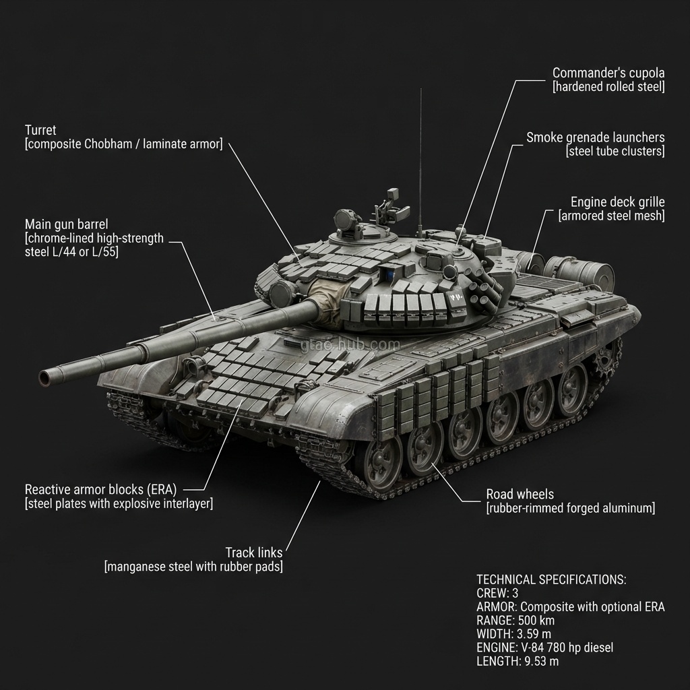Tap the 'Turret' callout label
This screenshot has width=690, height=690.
coord(40,130)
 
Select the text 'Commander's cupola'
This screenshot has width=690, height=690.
coord(608,73)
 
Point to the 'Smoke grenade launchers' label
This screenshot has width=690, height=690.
coord(595,137)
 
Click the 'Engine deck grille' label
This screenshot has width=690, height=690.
coord(617,201)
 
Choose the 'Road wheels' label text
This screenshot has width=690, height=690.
coord(520,494)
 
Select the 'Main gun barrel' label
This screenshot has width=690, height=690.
coord(66,224)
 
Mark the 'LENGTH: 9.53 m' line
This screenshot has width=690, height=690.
coord(517,661)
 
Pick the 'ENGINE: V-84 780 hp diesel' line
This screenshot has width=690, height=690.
coord(544,648)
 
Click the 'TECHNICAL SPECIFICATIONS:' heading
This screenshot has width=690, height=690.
coord(551,579)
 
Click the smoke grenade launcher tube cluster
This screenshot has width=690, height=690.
coord(487,290)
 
